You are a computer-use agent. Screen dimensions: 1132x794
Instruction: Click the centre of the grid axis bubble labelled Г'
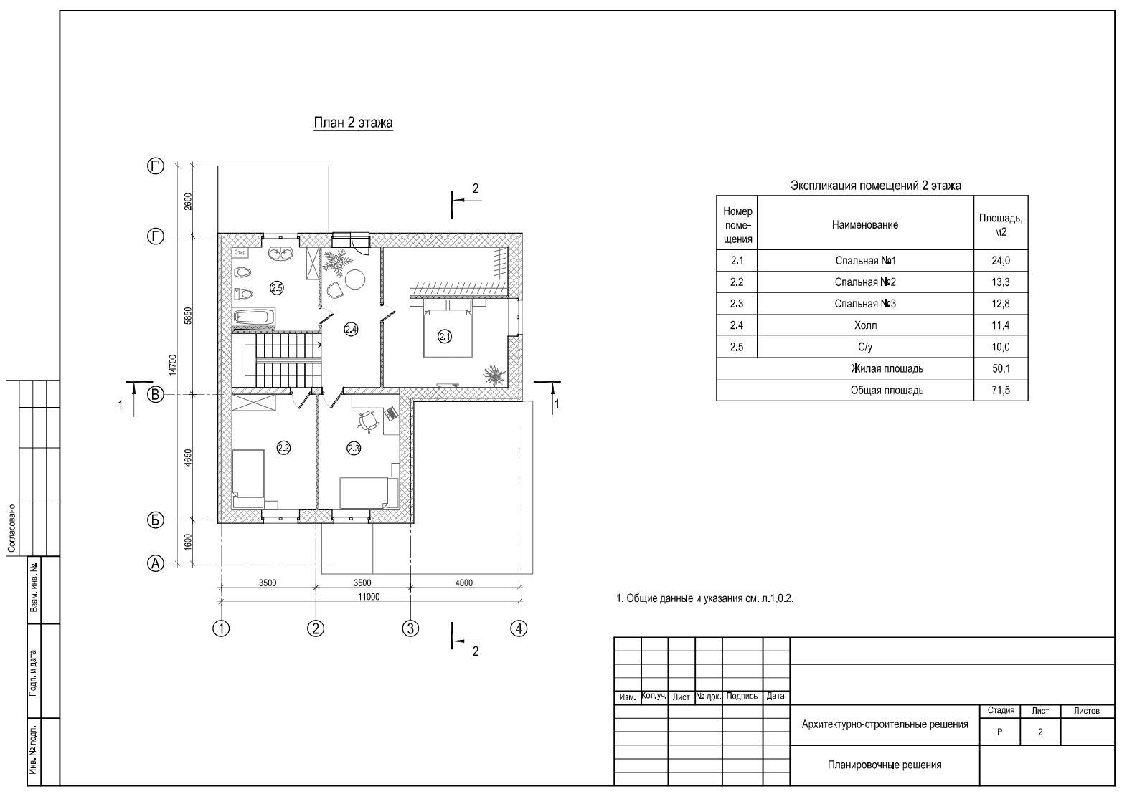(x=156, y=166)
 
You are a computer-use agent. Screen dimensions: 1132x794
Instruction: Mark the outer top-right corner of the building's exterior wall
(x=522, y=233)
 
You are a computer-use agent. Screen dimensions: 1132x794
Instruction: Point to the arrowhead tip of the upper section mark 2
(x=453, y=201)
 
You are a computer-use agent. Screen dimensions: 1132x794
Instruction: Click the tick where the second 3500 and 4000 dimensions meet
(x=410, y=588)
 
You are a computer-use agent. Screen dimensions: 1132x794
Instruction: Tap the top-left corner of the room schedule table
(x=717, y=196)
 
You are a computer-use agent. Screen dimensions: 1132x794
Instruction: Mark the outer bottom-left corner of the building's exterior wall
(x=218, y=523)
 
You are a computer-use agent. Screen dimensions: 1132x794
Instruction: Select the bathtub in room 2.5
(x=254, y=317)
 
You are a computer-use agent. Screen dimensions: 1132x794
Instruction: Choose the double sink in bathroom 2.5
(x=280, y=254)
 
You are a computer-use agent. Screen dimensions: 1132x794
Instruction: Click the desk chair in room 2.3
(x=368, y=420)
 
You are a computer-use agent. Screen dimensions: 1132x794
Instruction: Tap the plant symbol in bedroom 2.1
(x=494, y=375)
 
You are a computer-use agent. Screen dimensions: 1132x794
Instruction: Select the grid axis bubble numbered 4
(x=519, y=628)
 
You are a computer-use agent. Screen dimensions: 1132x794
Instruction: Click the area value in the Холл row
(x=1001, y=325)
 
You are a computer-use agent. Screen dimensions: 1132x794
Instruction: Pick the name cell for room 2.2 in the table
(x=865, y=282)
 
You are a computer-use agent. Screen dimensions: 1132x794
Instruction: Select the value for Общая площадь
(x=1001, y=390)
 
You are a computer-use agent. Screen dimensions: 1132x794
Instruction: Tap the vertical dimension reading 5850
(x=188, y=315)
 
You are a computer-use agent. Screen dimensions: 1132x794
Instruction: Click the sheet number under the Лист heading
(x=1040, y=732)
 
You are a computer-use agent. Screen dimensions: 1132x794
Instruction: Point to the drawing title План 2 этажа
(x=353, y=123)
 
